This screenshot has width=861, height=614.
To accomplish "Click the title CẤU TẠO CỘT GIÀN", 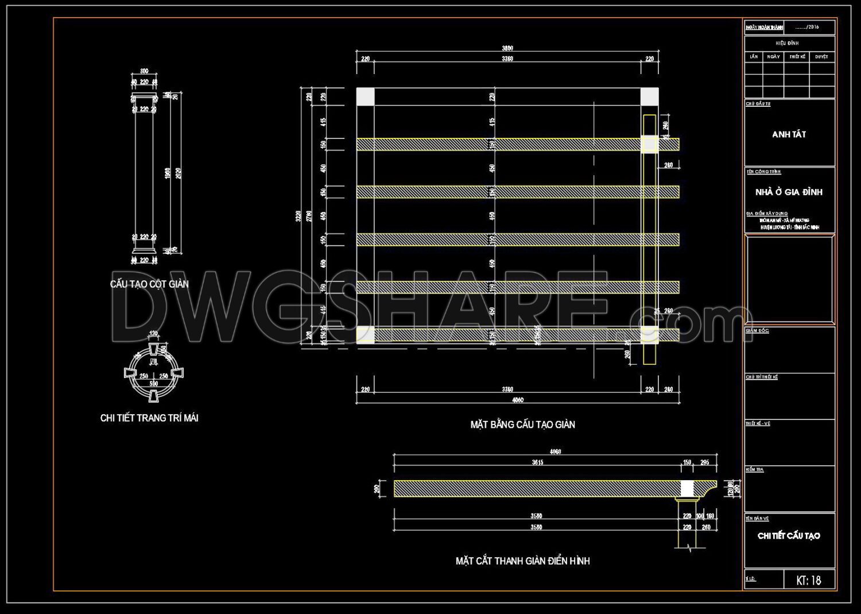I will point(149,284).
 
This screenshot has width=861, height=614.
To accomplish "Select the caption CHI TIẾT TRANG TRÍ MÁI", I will point(149,418).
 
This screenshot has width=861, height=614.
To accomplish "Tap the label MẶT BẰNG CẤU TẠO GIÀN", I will point(522,425).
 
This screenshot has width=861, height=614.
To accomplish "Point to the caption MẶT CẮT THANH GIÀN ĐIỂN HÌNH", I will point(522,561).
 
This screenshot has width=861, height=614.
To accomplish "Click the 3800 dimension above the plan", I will point(507,49).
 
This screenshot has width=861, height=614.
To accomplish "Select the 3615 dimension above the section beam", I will point(537,462).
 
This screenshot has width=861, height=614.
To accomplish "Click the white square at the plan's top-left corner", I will point(365,96).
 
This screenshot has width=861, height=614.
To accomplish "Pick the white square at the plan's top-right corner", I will point(649,96).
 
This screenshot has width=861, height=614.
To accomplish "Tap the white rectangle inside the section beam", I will point(687,488).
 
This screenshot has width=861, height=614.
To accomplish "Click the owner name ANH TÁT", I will point(789,134).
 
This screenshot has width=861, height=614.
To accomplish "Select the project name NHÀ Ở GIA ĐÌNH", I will point(789,192).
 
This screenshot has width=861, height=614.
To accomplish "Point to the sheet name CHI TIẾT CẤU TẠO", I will point(789,536).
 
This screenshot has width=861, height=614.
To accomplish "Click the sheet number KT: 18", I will point(808,581).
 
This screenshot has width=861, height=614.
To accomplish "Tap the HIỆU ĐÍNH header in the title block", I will point(787,43).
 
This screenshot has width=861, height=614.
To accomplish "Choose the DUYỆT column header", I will point(821,57).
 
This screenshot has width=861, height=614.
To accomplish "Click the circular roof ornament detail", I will point(153,373).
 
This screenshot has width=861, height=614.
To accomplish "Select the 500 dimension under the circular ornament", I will point(153,384).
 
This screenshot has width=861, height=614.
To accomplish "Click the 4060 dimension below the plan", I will point(517,400).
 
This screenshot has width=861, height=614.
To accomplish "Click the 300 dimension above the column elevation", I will point(144,71).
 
